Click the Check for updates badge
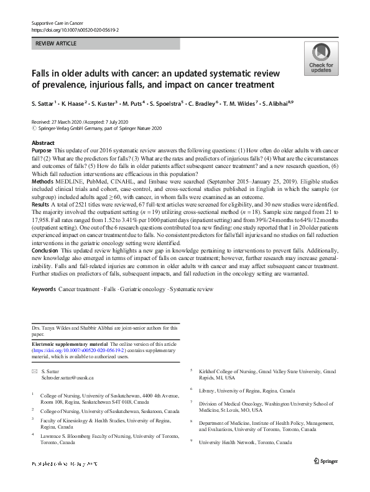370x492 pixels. [x=321, y=59]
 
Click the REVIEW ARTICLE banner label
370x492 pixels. [x=56, y=44]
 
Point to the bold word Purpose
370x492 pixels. [x=42, y=151]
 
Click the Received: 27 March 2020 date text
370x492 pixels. [x=58, y=122]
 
